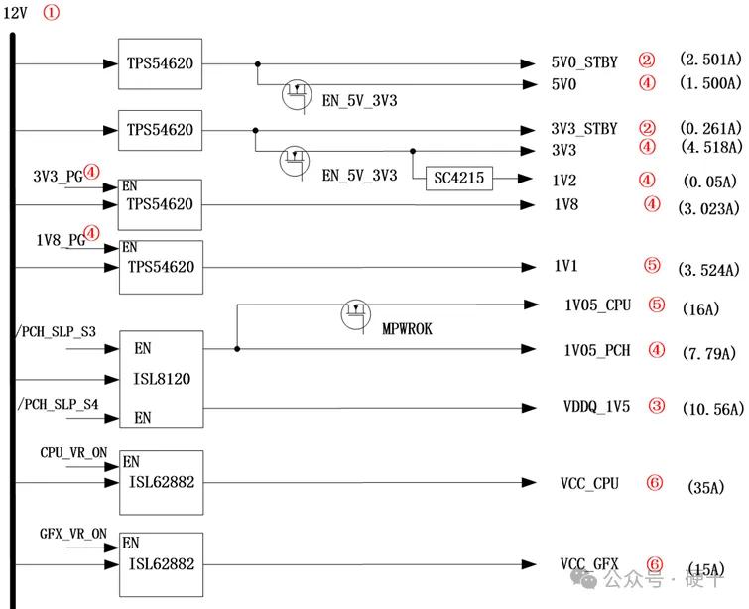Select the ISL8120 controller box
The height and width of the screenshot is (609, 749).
[x=162, y=379]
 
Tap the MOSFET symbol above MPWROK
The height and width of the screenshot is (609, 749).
[x=355, y=314]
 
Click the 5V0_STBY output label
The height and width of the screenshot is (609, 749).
[x=585, y=62]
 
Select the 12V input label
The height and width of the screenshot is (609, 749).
[x=17, y=13]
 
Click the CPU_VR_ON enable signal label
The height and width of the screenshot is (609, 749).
[x=73, y=451]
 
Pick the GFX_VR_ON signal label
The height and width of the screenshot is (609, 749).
[x=73, y=534]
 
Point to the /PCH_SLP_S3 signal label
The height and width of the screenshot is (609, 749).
[x=58, y=328]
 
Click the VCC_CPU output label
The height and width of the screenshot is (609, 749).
[x=589, y=483]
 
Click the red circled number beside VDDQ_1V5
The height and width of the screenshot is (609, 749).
[x=657, y=405]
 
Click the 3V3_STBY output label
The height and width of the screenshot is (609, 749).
[x=585, y=129]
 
